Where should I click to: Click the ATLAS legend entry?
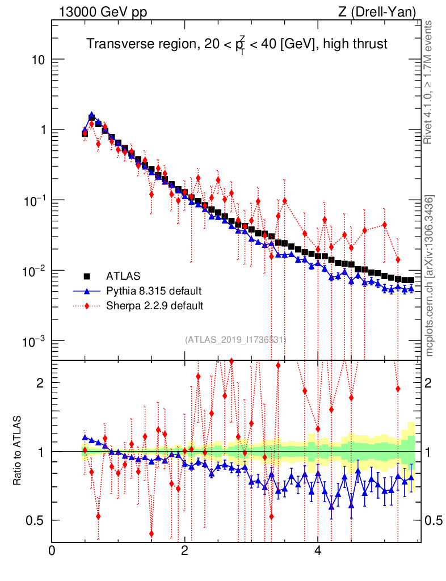tap(123, 277)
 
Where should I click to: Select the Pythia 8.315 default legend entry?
tap(154, 292)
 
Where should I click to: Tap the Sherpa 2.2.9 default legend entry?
tap(155, 306)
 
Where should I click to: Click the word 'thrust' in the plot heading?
tap(372, 44)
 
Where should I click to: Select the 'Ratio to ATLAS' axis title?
tap(18, 451)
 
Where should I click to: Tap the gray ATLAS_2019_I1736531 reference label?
tap(235, 340)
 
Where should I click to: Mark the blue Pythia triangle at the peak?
tap(92, 115)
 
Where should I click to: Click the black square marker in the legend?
tap(87, 277)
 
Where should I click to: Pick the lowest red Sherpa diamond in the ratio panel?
tap(152, 534)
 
